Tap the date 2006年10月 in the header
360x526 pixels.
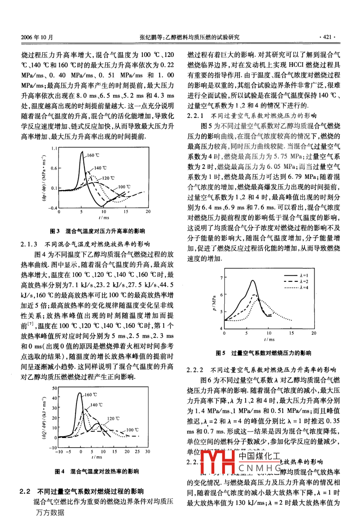37,37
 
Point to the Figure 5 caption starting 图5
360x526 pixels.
264,353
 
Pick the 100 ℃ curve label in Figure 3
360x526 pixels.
124,186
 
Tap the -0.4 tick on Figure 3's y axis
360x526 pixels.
53,208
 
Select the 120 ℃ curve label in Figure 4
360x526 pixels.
113,418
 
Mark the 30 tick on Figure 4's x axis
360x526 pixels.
147,452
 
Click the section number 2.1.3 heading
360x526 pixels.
29,244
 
